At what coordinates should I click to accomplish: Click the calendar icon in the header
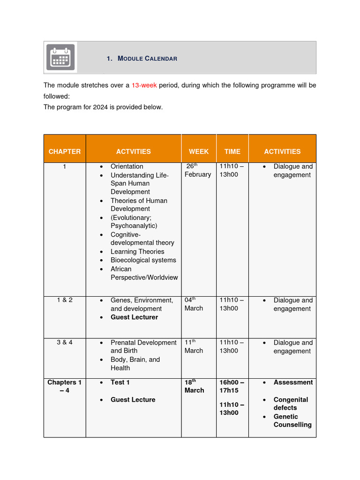click(x=61, y=57)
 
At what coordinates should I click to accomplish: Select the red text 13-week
click(x=144, y=85)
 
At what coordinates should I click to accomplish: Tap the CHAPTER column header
click(x=65, y=151)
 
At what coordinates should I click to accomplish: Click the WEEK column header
click(x=199, y=151)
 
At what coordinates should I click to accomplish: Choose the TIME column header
click(x=232, y=151)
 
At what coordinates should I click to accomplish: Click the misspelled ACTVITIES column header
click(x=134, y=151)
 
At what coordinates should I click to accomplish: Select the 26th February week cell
click(x=197, y=171)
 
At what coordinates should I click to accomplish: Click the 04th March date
click(x=194, y=304)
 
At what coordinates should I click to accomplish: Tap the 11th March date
click(x=194, y=346)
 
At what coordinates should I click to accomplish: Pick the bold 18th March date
click(x=195, y=386)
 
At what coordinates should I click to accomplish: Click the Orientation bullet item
click(x=127, y=166)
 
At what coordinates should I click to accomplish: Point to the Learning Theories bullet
click(x=137, y=252)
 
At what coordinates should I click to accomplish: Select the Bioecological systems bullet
click(x=143, y=260)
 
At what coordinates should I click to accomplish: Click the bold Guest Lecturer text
click(x=134, y=317)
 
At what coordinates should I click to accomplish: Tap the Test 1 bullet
click(x=120, y=382)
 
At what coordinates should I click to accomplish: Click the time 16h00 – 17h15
click(x=232, y=386)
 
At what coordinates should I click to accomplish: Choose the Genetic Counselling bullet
click(x=292, y=420)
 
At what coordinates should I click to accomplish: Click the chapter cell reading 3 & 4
click(x=65, y=343)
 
